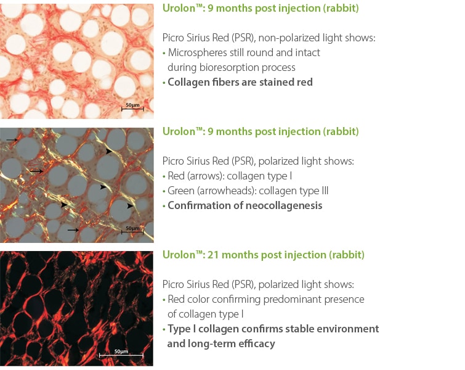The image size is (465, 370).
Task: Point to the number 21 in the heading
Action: pos(213,255)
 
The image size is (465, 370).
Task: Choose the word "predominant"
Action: pos(292,299)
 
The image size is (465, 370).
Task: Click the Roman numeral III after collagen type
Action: pos(325,191)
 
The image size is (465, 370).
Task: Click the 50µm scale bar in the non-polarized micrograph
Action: pos(132,109)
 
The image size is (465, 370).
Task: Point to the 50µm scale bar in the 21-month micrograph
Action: pos(121,355)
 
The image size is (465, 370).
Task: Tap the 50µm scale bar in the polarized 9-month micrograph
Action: pos(132,232)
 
